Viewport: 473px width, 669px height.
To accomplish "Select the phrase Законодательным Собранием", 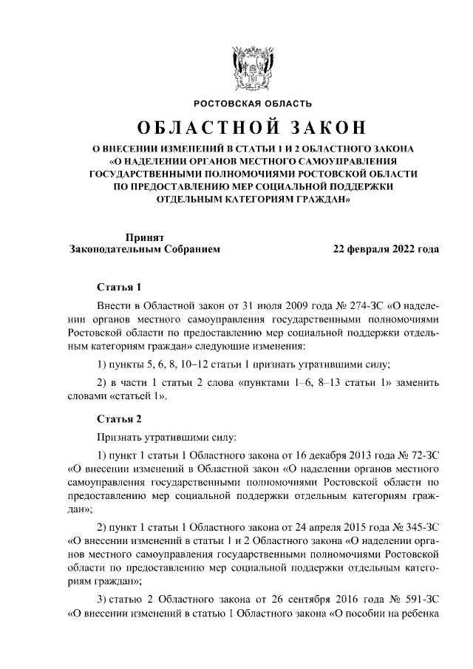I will [144, 249].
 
